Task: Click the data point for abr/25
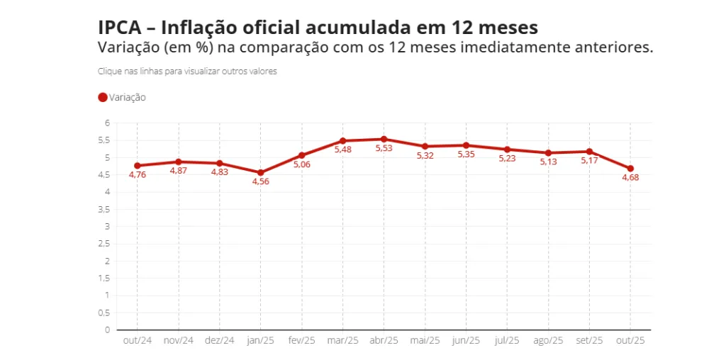[x=384, y=140]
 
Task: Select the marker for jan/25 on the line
[x=260, y=173]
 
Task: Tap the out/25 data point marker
[x=630, y=169]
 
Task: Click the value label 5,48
[x=342, y=150]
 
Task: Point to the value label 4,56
[x=260, y=182]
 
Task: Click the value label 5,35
[x=466, y=154]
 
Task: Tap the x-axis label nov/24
[x=178, y=341]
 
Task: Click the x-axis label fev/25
[x=301, y=341]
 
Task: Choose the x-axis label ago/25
[x=548, y=341]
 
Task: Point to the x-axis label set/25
[x=589, y=341]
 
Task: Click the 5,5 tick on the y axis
[x=104, y=140]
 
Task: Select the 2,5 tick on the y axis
[x=104, y=244]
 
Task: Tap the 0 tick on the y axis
[x=107, y=330]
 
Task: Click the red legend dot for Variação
[x=103, y=98]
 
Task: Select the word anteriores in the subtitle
[x=615, y=47]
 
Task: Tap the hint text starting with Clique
[x=187, y=72]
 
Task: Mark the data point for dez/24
[x=219, y=164]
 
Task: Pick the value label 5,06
[x=301, y=164]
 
